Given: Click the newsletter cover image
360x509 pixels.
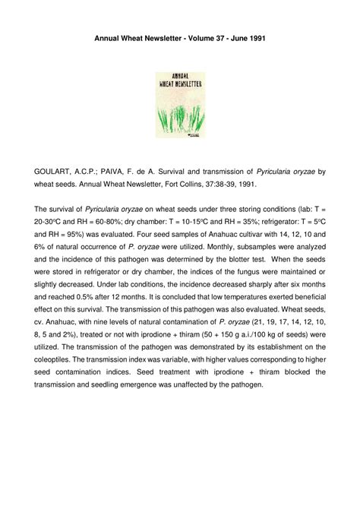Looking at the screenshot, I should click(x=180, y=105).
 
